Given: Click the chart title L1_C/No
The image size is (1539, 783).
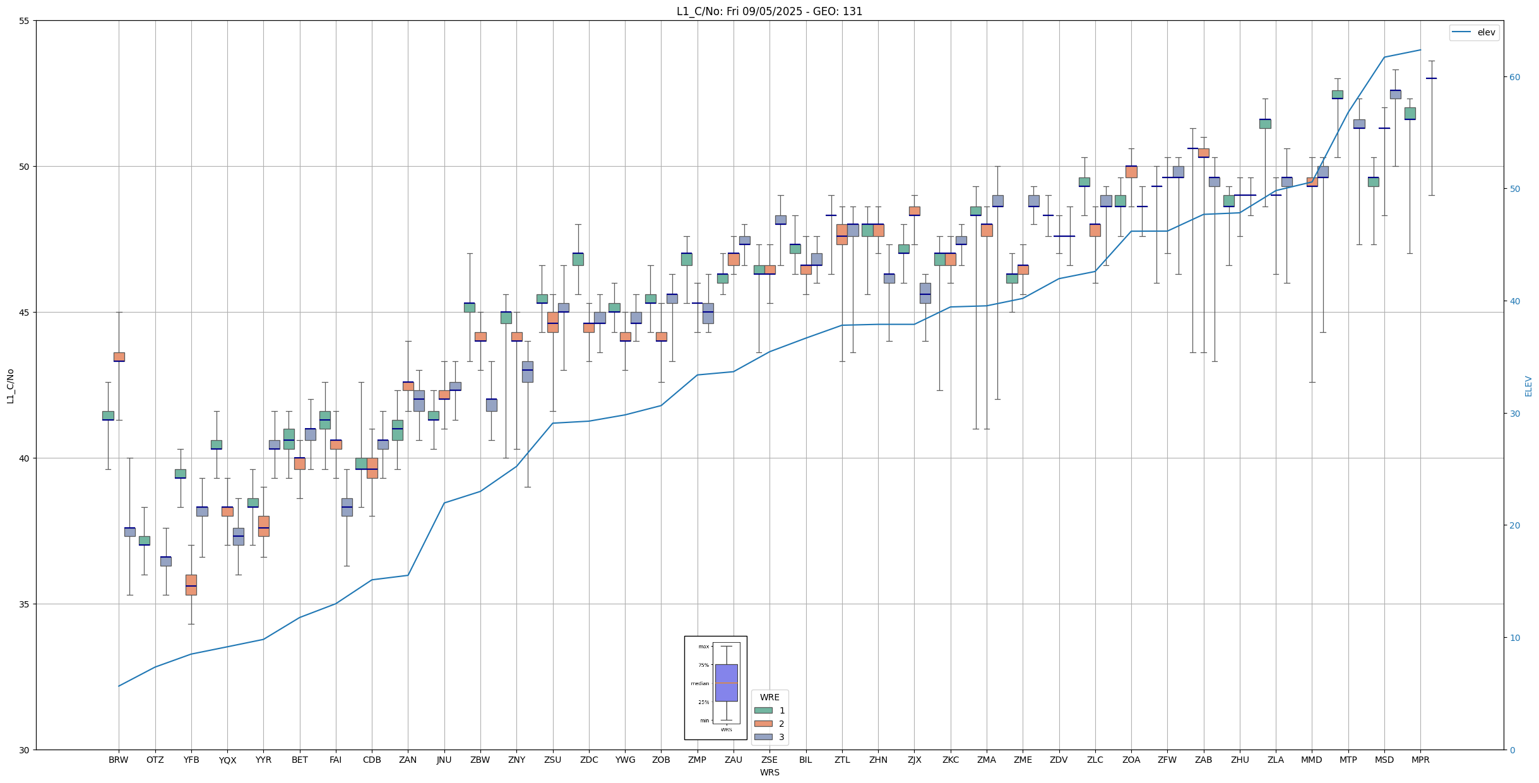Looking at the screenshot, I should [769, 11].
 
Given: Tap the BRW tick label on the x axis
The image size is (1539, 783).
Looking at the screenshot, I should [118, 760].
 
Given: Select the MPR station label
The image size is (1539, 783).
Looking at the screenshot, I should [1420, 760].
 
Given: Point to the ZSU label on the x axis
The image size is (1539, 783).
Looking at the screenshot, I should [552, 760].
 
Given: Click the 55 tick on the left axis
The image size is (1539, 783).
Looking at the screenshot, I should [25, 21].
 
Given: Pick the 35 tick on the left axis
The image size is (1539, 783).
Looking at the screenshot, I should [25, 604].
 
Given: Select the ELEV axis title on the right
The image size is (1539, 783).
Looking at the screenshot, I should [1528, 386].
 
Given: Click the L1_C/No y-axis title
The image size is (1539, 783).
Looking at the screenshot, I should [10, 386].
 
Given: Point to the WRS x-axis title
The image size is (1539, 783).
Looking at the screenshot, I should [770, 772].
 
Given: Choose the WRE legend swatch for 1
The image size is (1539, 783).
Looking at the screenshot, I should [763, 710].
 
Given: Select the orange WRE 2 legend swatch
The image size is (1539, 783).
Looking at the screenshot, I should [763, 724].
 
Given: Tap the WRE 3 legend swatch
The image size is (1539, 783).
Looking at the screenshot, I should [763, 737].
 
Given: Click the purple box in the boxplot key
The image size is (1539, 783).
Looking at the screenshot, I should [726, 683].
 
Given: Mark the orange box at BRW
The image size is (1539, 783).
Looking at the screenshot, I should [119, 357].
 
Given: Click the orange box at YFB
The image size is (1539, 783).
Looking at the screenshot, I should [191, 585].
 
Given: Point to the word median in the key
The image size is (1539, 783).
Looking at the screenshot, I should [699, 683].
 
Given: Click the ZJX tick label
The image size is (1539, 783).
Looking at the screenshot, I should [914, 760].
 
